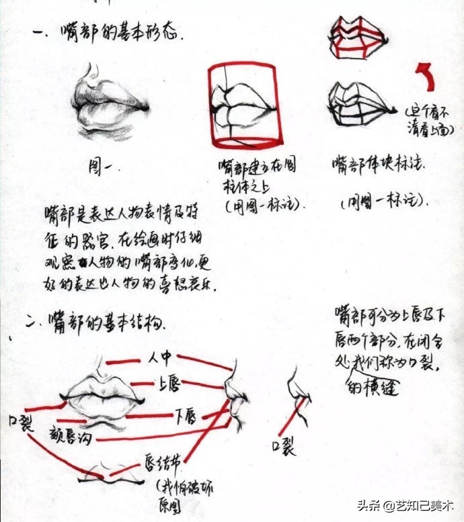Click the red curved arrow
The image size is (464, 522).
[x=425, y=77]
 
